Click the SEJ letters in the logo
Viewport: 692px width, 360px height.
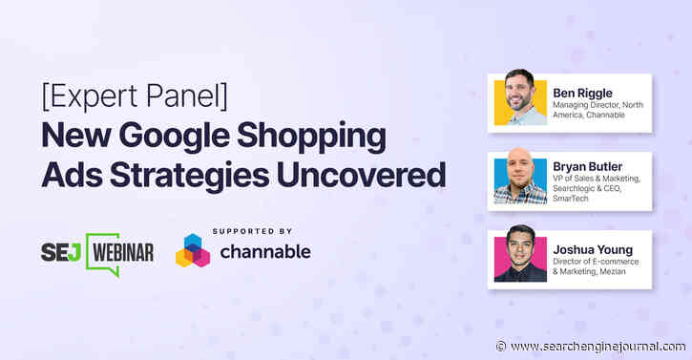[62, 253]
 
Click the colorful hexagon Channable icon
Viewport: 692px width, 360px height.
[192, 251]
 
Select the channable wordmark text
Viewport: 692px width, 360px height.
[263, 255]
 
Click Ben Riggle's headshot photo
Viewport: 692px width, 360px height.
[520, 99]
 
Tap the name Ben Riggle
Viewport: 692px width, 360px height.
[583, 93]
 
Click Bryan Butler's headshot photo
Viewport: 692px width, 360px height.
[520, 178]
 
